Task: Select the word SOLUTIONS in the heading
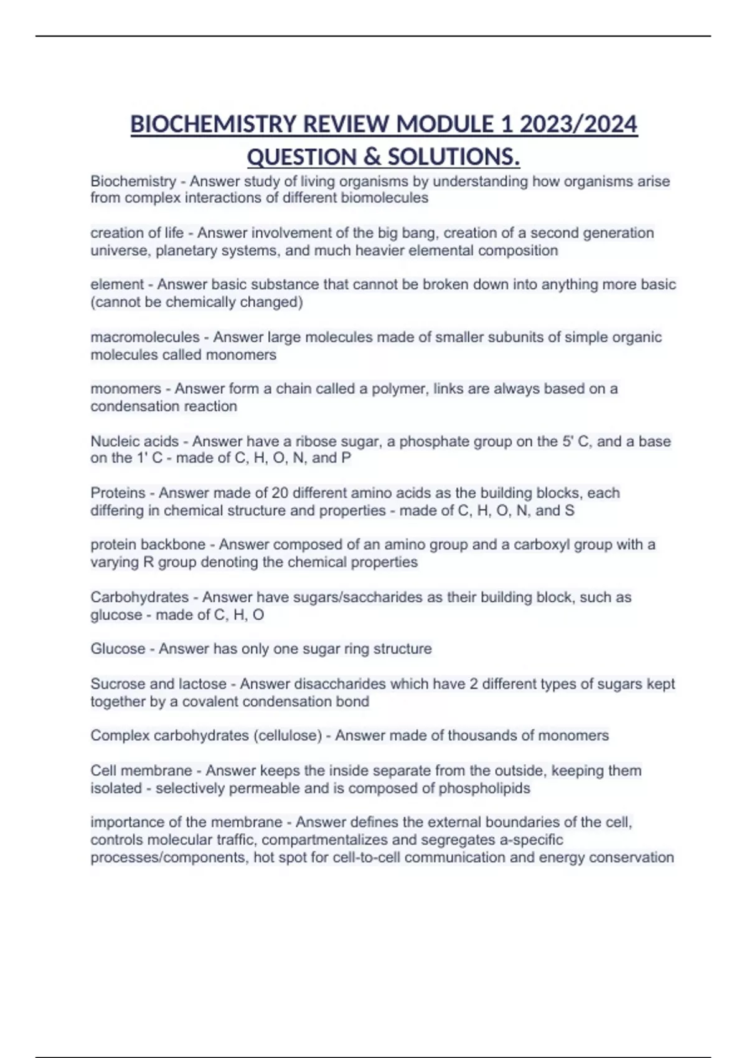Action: [x=452, y=157]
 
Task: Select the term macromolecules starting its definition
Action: [x=145, y=337]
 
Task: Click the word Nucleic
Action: [x=113, y=441]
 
